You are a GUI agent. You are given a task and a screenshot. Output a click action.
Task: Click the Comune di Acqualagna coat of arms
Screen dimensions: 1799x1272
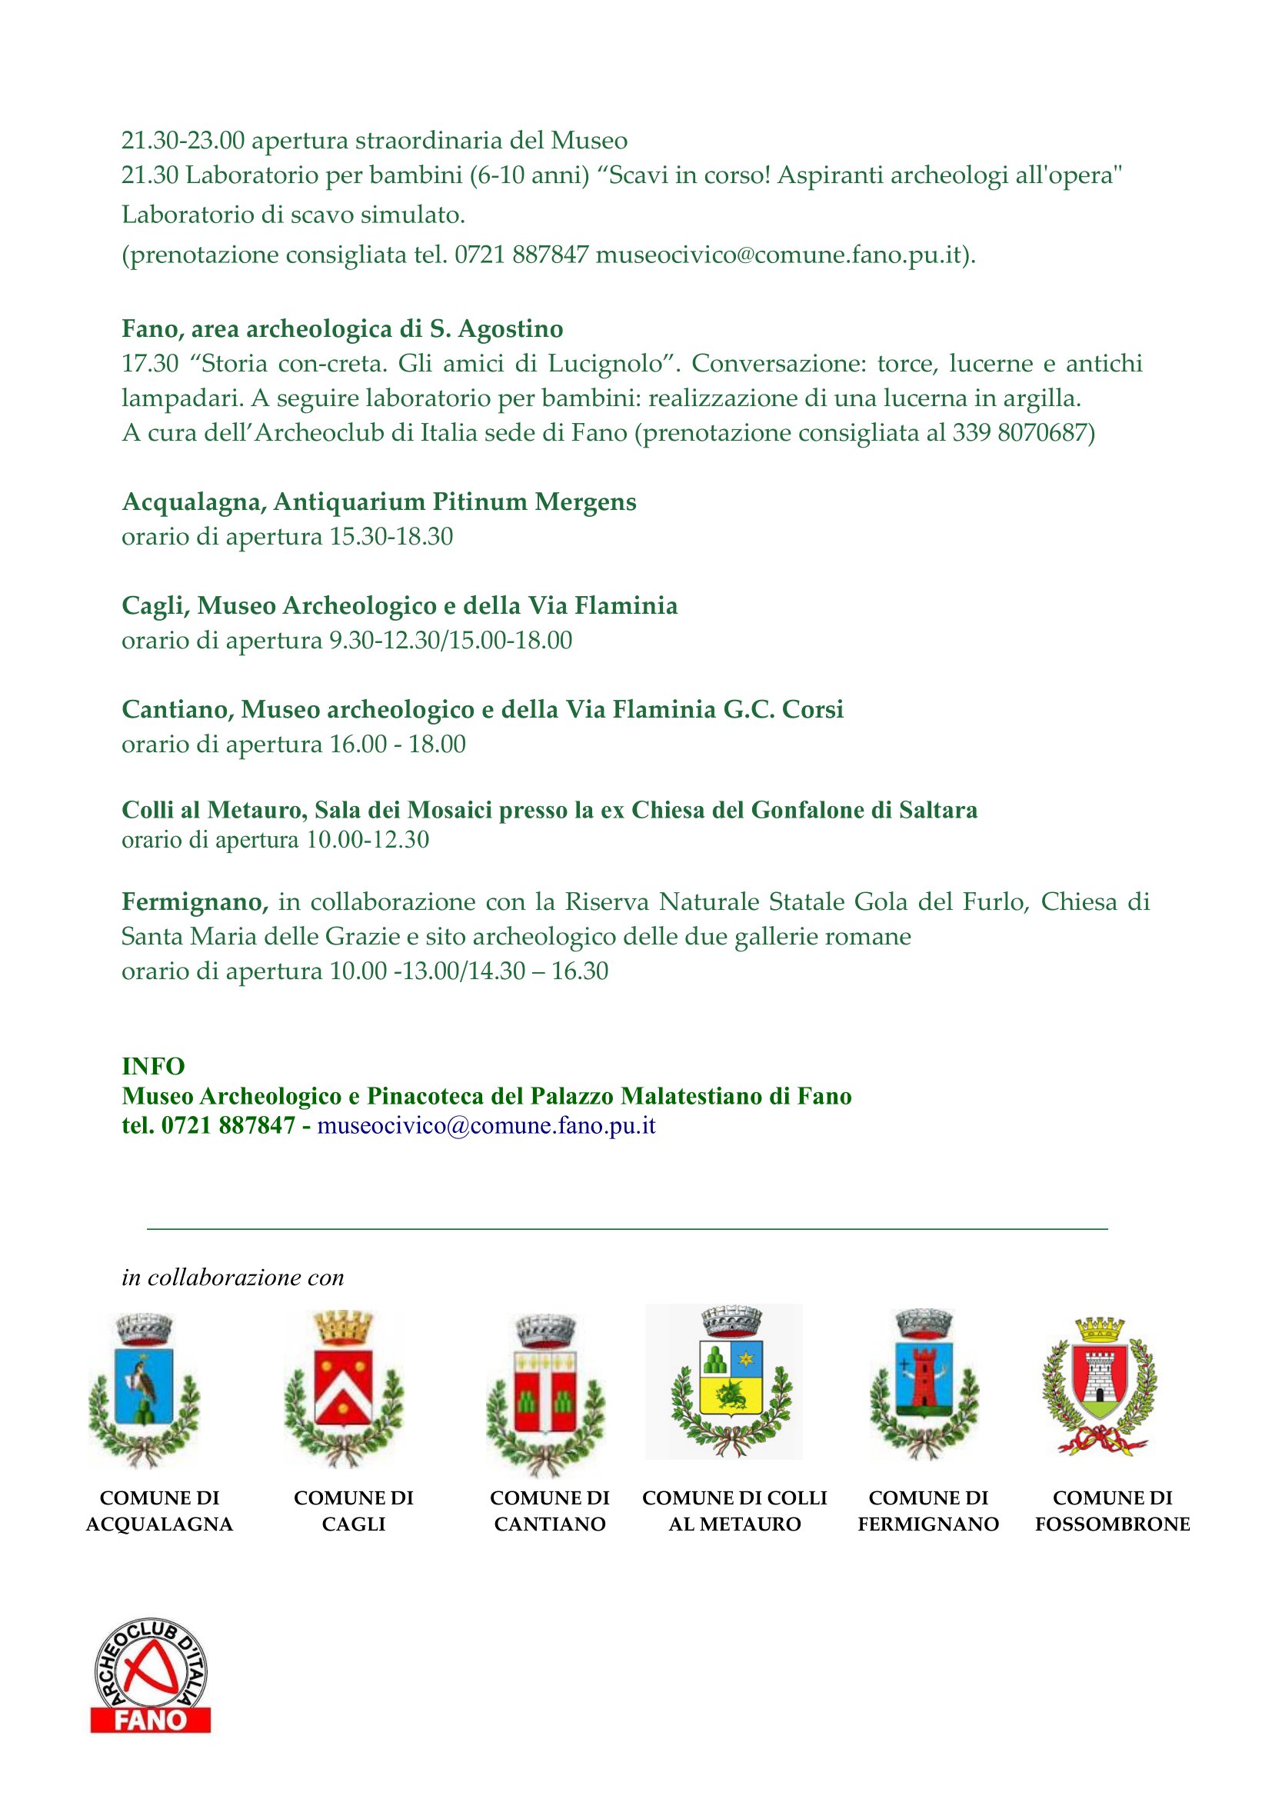click(144, 1389)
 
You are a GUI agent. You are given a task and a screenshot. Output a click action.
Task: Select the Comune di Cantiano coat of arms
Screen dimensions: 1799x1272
click(545, 1393)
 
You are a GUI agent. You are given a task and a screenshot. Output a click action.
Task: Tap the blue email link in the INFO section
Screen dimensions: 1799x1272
click(485, 1126)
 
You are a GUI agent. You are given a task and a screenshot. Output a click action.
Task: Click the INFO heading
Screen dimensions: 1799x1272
click(154, 1065)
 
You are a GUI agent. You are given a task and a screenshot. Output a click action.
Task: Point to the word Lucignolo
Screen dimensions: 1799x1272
click(604, 364)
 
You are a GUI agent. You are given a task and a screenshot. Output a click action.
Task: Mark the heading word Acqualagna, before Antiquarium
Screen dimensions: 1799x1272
click(194, 502)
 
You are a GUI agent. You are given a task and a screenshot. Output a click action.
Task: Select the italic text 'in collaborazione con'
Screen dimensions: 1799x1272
click(232, 1278)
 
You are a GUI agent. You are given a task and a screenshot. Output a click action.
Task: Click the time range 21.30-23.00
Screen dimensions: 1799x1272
click(182, 141)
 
